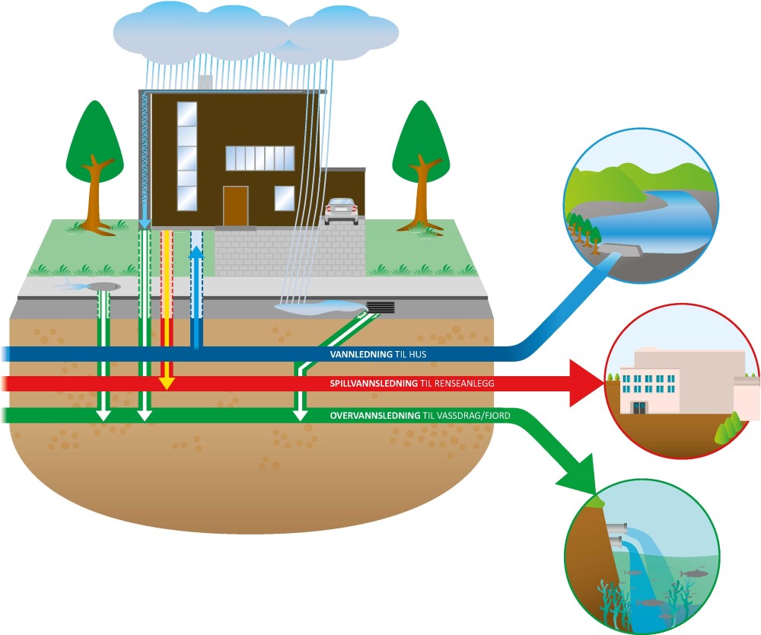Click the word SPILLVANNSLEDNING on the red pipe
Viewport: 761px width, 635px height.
373,384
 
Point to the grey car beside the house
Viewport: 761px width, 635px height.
340,211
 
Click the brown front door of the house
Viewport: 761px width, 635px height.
235,206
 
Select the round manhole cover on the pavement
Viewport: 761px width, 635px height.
103,286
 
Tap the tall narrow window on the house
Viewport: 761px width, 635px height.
186,155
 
